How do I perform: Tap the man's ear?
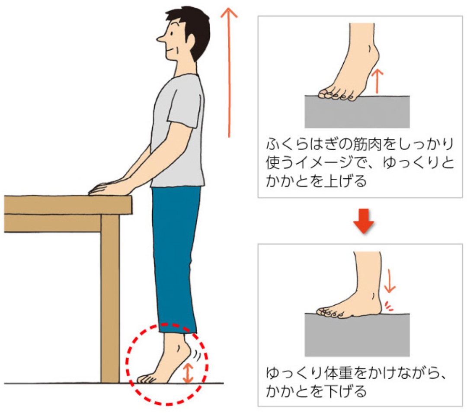pyautogui.click(x=190, y=39)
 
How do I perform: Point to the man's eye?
pyautogui.click(x=172, y=33)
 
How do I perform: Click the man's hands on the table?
pyautogui.click(x=106, y=188)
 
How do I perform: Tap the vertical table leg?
pyautogui.click(x=110, y=298)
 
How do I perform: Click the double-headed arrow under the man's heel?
pyautogui.click(x=188, y=373)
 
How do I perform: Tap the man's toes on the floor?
pyautogui.click(x=147, y=379)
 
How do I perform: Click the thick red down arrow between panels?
pyautogui.click(x=363, y=221)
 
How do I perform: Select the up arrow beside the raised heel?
pyautogui.click(x=377, y=81)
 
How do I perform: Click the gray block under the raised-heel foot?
pyautogui.click(x=357, y=112)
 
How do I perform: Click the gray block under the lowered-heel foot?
pyautogui.click(x=357, y=335)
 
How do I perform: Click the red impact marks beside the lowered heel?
pyautogui.click(x=388, y=306)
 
